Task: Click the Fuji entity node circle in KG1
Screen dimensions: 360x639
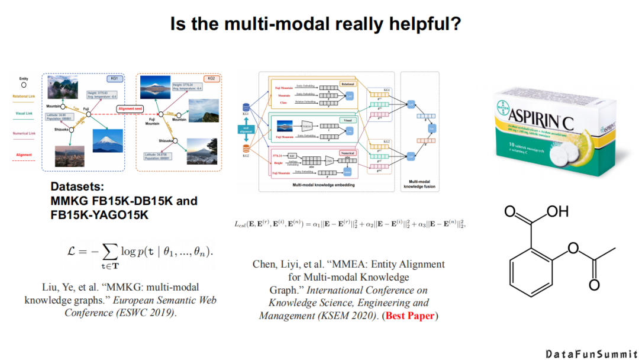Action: coord(88,114)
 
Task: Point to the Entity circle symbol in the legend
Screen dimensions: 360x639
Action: coord(24,85)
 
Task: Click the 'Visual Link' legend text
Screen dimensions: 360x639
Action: coord(24,113)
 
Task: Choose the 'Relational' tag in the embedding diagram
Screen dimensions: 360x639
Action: coord(347,84)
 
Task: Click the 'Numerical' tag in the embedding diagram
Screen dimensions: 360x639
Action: coord(347,153)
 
